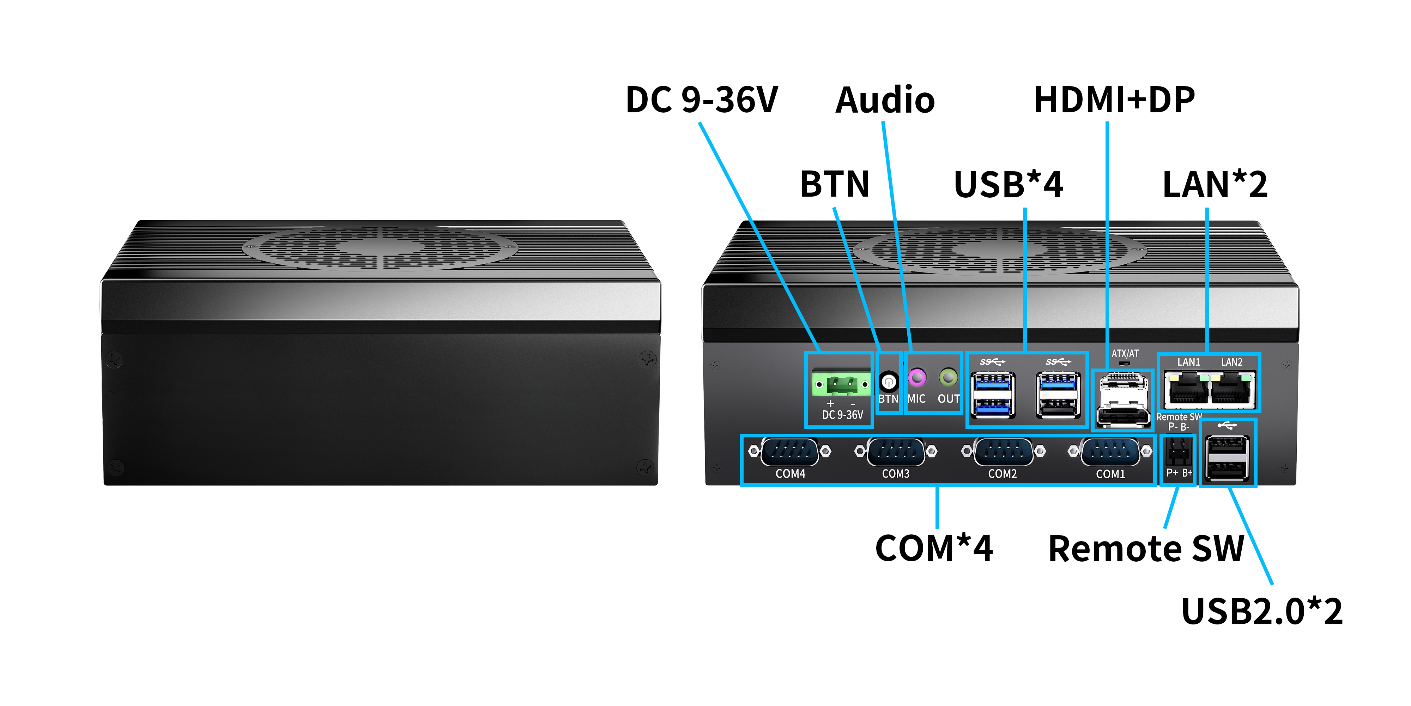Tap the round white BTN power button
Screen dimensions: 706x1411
click(889, 381)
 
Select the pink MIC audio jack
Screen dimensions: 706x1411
click(917, 378)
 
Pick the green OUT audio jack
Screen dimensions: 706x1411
click(948, 378)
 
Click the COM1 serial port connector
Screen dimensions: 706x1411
click(1110, 452)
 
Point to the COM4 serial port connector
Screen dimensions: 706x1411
click(790, 452)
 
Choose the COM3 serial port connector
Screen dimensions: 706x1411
click(896, 452)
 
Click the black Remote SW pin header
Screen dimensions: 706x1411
click(1178, 452)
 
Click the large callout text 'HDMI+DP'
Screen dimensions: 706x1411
click(1114, 100)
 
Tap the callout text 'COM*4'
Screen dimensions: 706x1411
click(934, 548)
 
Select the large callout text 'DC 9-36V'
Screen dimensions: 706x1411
click(702, 100)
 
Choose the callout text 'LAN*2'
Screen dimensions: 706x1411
click(1215, 184)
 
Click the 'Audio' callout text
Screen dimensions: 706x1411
click(885, 100)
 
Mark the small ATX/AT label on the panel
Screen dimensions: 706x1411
click(1125, 354)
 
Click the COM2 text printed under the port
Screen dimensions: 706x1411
click(1003, 474)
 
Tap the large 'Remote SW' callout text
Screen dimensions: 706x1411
click(1146, 549)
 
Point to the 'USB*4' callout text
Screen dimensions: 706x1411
click(1009, 184)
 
